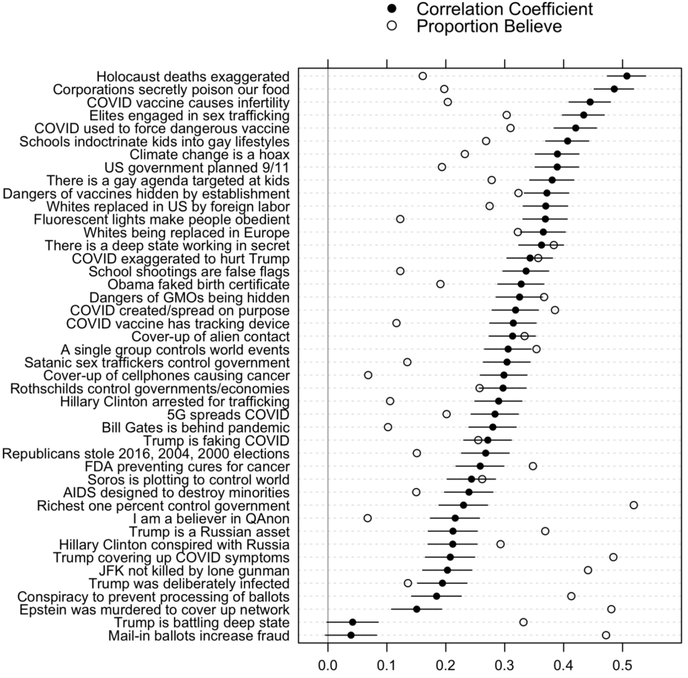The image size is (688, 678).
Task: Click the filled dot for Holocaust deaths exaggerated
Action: (626, 76)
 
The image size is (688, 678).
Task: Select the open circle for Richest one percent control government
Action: (634, 505)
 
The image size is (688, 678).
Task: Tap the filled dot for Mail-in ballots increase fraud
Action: (351, 635)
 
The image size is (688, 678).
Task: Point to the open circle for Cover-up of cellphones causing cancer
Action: (368, 375)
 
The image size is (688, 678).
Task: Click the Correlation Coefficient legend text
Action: (505, 9)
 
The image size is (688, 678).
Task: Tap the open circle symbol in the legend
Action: (394, 27)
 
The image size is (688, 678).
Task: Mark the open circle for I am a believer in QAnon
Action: (368, 518)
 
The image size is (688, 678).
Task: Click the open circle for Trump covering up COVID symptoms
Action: (613, 557)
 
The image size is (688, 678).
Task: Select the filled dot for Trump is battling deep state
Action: (353, 622)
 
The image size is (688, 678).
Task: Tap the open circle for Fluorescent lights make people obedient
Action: (400, 219)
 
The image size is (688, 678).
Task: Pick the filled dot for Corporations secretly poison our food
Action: (614, 89)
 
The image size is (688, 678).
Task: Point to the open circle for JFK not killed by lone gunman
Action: (588, 570)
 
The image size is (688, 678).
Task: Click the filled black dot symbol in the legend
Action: (394, 9)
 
